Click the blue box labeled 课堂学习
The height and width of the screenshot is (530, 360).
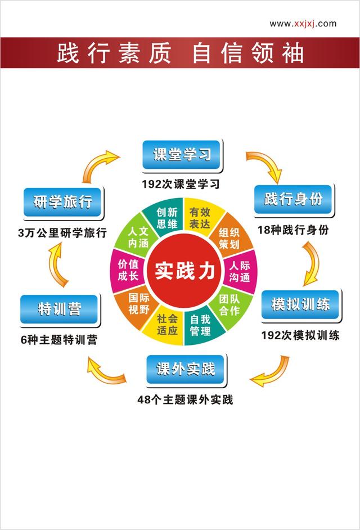[182, 155]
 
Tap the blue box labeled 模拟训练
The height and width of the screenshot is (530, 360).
[300, 304]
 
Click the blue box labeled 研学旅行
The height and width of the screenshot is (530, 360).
[62, 202]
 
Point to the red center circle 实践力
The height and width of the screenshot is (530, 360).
[184, 271]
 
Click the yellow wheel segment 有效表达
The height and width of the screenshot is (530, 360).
[201, 216]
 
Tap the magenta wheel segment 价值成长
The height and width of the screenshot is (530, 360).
[128, 271]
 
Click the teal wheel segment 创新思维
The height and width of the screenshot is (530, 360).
[166, 216]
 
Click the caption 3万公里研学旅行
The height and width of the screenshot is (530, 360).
[62, 233]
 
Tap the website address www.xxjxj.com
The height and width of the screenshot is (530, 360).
[303, 24]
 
